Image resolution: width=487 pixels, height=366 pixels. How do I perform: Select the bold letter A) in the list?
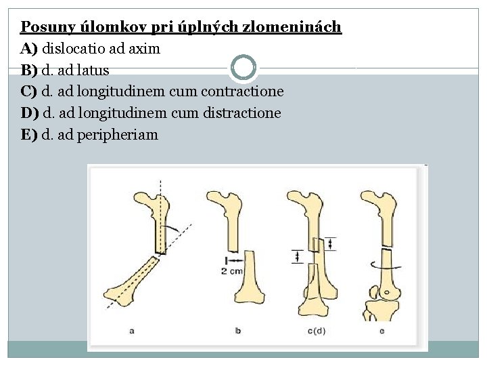pos(29,49)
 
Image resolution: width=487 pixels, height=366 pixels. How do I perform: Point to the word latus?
pos(93,70)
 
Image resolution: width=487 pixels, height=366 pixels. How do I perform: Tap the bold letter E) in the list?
pos(29,134)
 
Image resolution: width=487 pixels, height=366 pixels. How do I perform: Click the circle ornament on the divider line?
pos(243,68)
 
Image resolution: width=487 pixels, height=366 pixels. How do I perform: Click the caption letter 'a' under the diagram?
pos(131,331)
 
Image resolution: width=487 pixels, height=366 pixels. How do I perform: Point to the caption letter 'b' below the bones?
pos(238,331)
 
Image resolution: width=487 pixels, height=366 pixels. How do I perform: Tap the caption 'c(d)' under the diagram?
pos(316,331)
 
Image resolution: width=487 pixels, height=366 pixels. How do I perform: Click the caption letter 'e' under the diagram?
pos(381,331)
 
